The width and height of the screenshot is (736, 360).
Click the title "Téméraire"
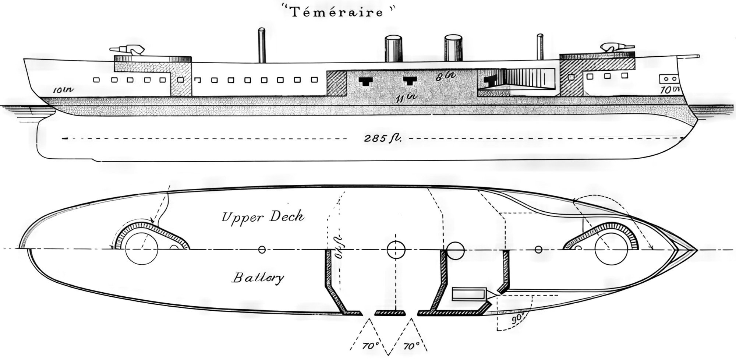click(x=337, y=12)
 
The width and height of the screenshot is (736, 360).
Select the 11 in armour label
click(x=406, y=97)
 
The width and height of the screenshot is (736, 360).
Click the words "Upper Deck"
click(x=263, y=216)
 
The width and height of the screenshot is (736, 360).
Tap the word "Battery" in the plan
click(x=258, y=278)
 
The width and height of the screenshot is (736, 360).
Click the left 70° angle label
click(x=371, y=346)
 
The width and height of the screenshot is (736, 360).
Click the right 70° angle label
click(x=411, y=346)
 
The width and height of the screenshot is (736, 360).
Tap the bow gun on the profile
click(x=616, y=47)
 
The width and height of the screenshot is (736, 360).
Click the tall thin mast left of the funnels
click(x=262, y=45)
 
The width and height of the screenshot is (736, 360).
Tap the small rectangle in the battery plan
click(x=469, y=294)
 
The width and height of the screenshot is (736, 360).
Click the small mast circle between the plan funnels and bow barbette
click(x=538, y=250)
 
